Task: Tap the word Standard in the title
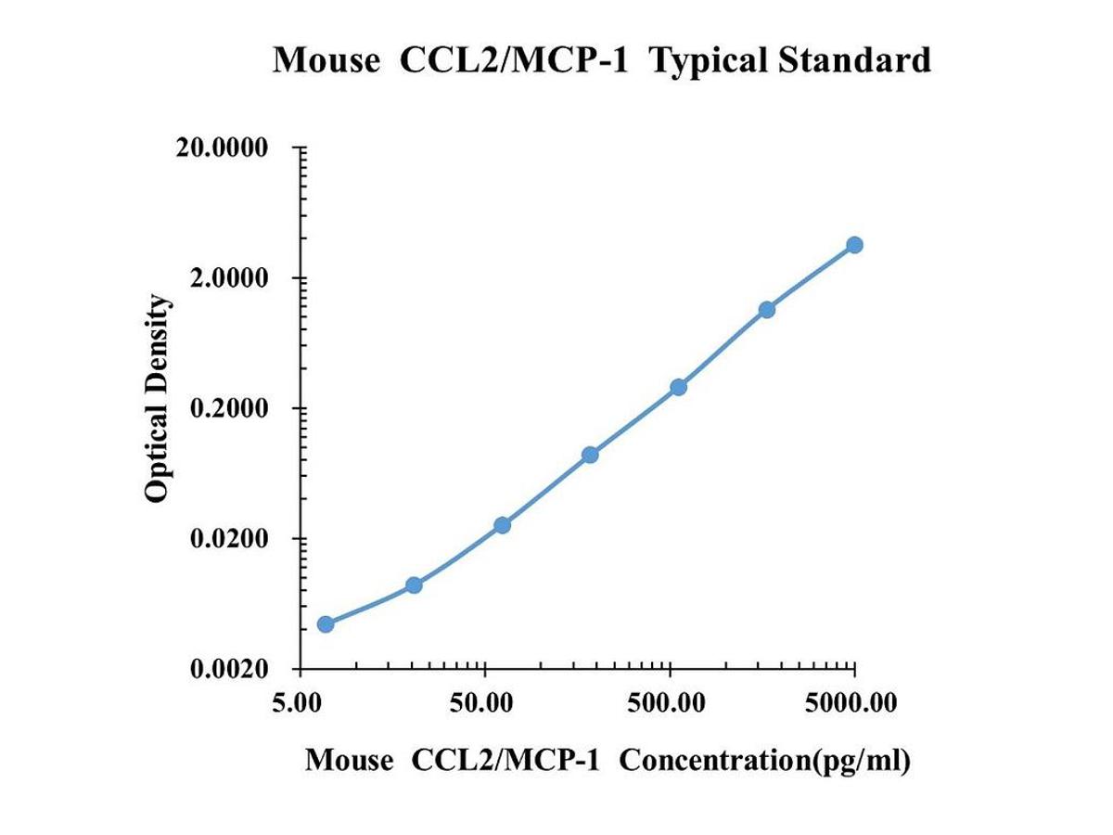853,61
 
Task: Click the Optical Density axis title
158,399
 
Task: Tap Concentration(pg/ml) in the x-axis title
765,761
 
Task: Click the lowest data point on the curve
326,623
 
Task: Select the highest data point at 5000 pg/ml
854,245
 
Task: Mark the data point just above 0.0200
502,525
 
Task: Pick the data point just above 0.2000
678,386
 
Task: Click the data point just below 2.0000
767,309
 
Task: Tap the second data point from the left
414,584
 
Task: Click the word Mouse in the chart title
326,61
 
